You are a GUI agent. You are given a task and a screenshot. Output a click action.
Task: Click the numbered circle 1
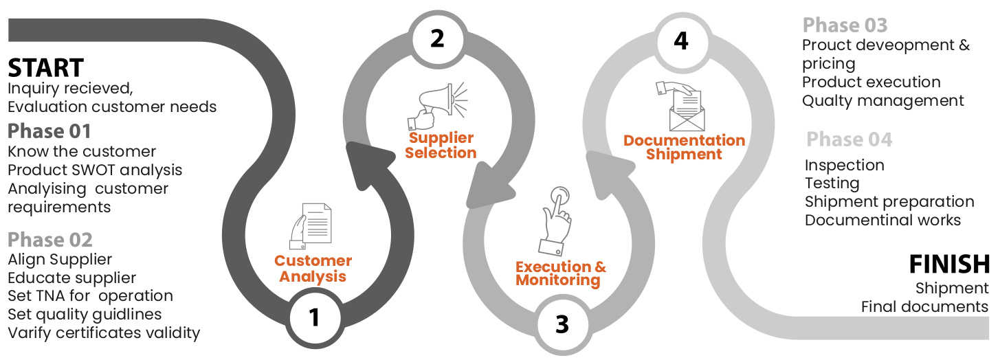pos(314,317)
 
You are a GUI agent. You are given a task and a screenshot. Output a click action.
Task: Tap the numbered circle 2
pos(437,39)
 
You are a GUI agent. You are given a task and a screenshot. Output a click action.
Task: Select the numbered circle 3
pos(562,324)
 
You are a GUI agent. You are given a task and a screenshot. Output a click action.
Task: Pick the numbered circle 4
pos(680,41)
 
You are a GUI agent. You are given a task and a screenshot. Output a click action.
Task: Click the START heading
pos(45,68)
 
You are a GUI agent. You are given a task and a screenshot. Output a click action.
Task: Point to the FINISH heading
pos(949,264)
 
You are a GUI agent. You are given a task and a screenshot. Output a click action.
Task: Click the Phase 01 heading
pos(49,131)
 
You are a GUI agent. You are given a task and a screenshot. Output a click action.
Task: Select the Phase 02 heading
pos(49,240)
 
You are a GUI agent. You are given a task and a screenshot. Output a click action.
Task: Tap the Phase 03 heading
pos(845,25)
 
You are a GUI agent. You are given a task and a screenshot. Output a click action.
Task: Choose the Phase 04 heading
pos(849,139)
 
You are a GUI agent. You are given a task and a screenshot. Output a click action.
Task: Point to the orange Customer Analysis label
pos(313,269)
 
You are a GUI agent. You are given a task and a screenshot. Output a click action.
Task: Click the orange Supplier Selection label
pos(441,146)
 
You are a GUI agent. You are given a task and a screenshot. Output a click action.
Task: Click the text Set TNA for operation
pos(90,296)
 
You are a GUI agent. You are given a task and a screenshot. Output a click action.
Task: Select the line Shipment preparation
pos(889,202)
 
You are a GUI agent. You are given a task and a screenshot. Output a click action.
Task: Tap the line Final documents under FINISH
pos(924,306)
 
